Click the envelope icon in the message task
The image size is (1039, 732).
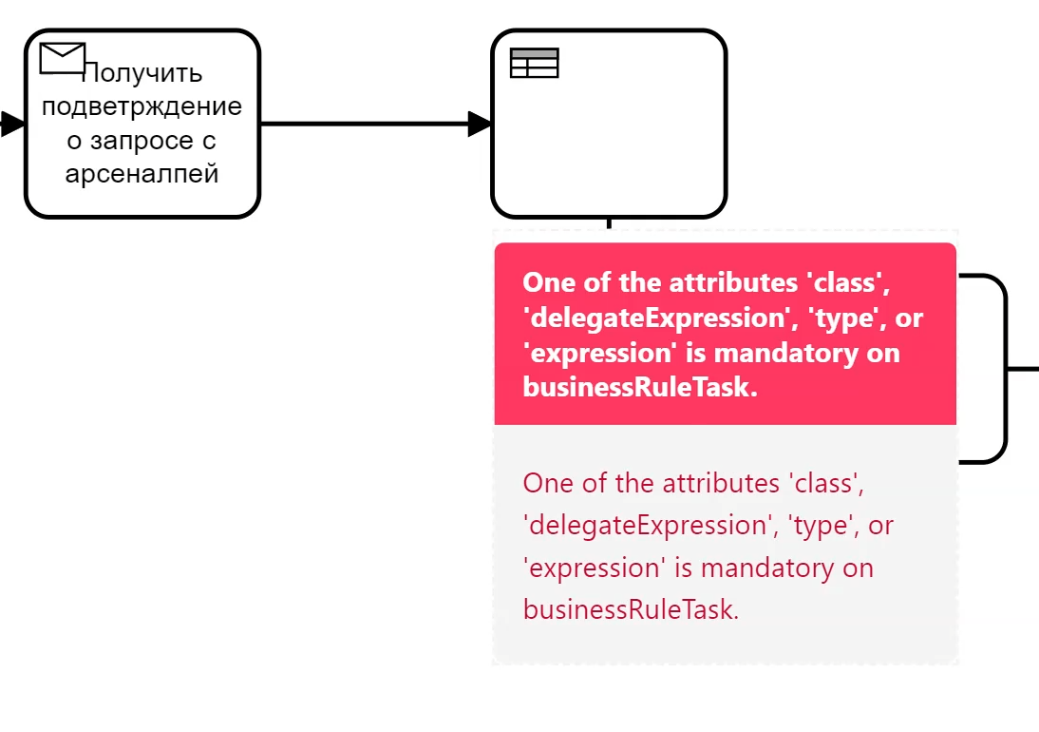[x=63, y=58]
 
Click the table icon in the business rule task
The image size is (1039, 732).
[x=534, y=63]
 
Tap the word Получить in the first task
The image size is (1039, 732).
[x=142, y=72]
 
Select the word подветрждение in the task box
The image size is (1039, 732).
[x=142, y=106]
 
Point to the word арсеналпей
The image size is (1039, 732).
[x=142, y=174]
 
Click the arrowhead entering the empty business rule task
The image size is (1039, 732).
[x=479, y=124]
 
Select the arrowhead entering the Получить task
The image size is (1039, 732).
[x=12, y=124]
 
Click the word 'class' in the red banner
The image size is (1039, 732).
[x=848, y=282]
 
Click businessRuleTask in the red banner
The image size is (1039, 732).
[x=640, y=387]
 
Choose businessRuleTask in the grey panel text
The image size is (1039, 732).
[x=631, y=609]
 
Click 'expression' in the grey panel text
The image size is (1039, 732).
[x=595, y=568]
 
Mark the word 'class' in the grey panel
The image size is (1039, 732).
[x=826, y=483]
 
